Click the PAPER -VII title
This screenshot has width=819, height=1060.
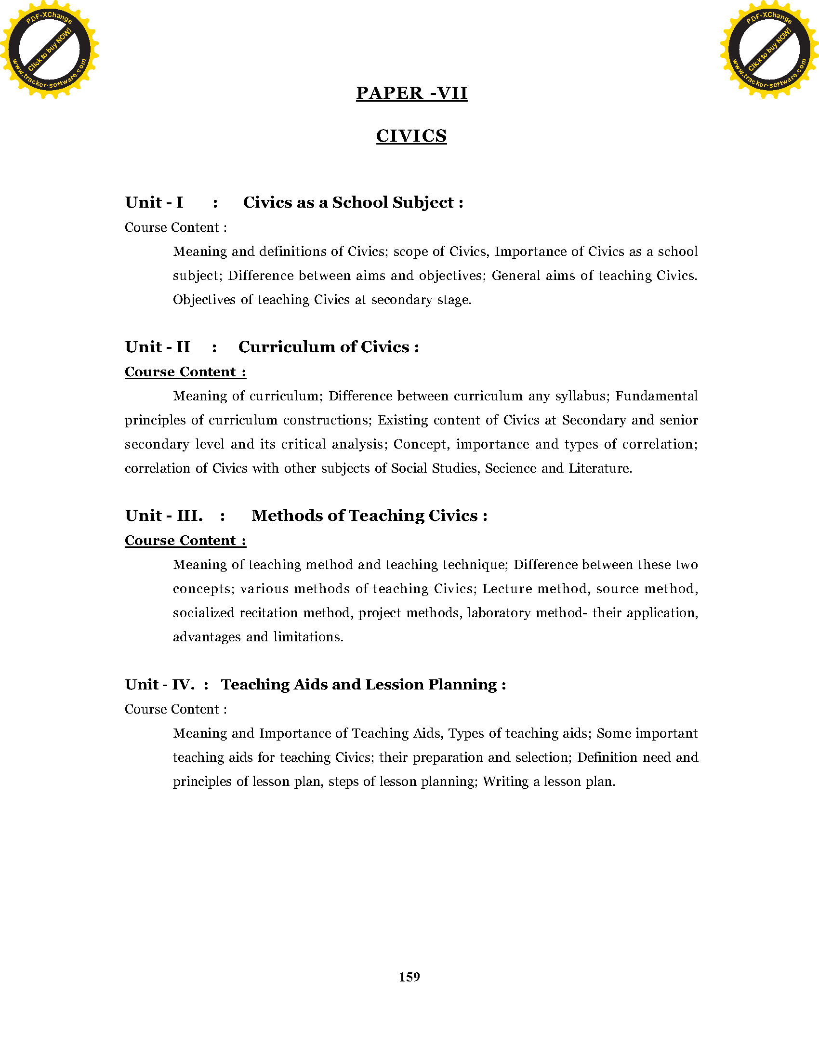(411, 93)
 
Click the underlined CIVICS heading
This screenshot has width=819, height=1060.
(411, 136)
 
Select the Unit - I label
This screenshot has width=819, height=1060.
(154, 202)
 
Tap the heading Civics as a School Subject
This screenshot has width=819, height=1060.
(353, 202)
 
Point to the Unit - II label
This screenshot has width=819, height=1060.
(157, 347)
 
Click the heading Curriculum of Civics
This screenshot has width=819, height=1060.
(328, 347)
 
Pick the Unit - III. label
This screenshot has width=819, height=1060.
(163, 516)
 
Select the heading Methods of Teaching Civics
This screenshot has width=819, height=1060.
(369, 516)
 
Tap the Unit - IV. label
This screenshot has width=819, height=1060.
(159, 684)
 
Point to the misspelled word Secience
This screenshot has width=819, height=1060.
(510, 468)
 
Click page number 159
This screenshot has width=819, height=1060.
(409, 977)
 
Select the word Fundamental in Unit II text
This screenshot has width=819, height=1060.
(657, 396)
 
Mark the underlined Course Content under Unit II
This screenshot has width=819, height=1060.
(185, 372)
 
